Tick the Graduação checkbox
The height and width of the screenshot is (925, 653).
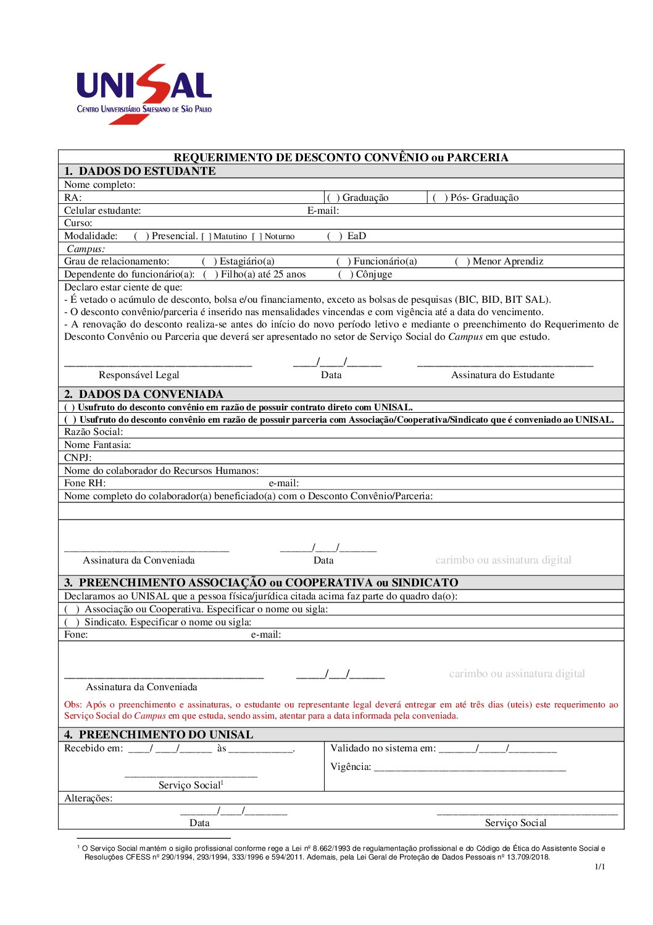(x=333, y=198)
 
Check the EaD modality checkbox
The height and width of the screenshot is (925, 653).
(x=335, y=236)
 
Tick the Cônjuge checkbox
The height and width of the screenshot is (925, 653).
(x=344, y=274)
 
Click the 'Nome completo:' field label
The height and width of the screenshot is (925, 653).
(x=99, y=185)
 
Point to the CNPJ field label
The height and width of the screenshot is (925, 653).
(x=78, y=458)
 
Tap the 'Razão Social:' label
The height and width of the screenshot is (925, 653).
(x=93, y=432)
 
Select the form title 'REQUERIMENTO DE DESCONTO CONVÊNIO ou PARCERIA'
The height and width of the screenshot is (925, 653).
(x=341, y=158)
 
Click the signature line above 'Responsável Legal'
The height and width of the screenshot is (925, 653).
(x=158, y=365)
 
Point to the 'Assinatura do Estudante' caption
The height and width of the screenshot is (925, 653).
(x=502, y=375)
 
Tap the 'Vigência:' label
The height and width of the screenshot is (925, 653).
(x=351, y=767)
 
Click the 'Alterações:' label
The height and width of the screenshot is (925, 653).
(x=88, y=798)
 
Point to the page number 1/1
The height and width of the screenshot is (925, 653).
(x=600, y=866)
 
